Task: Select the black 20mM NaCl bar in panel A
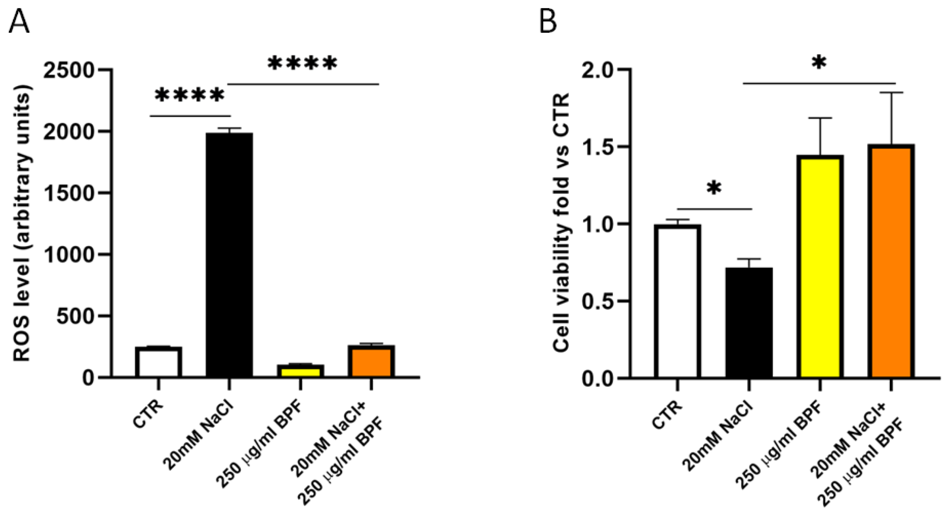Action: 229,255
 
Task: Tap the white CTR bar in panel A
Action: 158,362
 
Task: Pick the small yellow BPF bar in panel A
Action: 301,371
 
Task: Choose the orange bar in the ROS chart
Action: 371,361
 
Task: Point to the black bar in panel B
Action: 749,323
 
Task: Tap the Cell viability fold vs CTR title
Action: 561,223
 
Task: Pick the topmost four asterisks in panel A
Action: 302,64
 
